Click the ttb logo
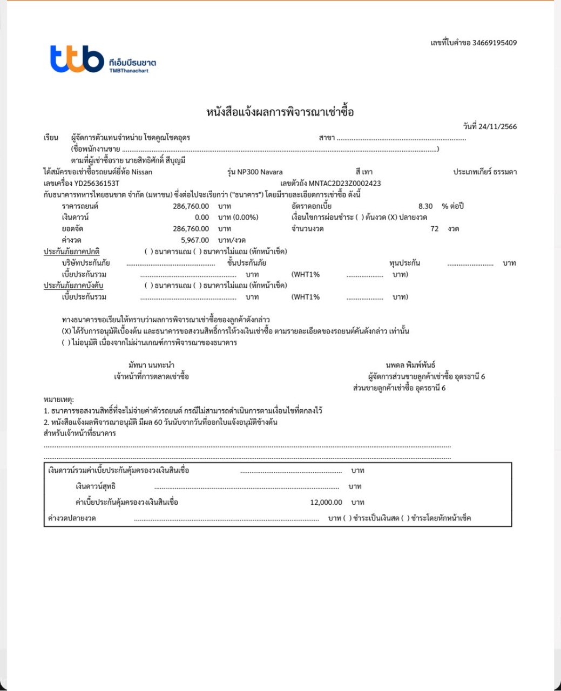pos(77,58)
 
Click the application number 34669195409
pos(494,43)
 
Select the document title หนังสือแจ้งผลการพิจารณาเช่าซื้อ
pos(280,112)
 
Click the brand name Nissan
pos(142,172)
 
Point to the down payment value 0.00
pos(201,217)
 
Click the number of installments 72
pos(434,228)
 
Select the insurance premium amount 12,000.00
pos(326,502)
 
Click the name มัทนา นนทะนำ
pos(151,365)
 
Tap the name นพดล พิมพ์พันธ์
pos(410,365)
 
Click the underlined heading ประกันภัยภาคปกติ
pos(71,251)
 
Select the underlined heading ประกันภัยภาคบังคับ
pos(73,285)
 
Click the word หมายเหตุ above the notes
pos(58,399)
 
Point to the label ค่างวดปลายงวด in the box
pos(72,518)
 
